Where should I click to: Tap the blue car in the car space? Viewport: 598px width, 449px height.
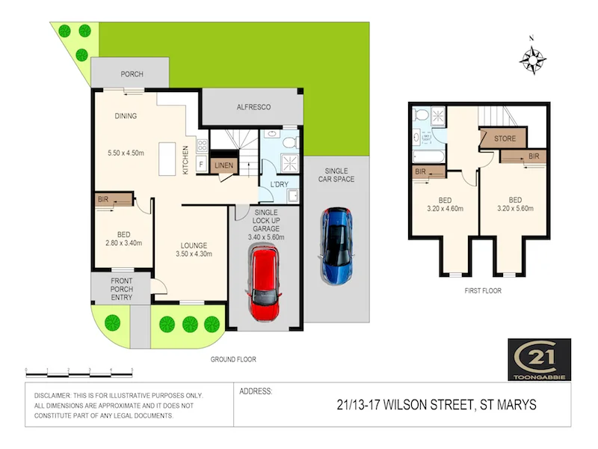coord(337,245)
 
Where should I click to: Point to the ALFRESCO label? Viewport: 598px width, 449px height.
coord(253,108)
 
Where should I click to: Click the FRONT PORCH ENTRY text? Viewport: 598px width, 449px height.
coord(121,290)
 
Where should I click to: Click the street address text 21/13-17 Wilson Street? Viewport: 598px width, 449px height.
coord(437,405)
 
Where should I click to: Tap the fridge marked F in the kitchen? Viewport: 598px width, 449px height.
coord(200,163)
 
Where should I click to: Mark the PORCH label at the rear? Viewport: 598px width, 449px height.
coord(131,75)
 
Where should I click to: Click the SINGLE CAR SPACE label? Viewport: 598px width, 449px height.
coord(334,174)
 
